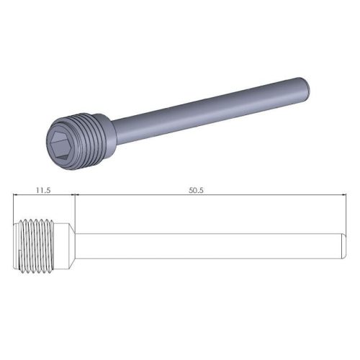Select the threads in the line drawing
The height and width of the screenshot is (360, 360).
[40, 245]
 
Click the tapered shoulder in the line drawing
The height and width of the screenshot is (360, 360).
[73, 245]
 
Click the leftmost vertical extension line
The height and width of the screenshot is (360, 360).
[15, 209]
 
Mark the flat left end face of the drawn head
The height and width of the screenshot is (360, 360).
[16, 245]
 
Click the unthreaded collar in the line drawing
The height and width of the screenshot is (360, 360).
[63, 245]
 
